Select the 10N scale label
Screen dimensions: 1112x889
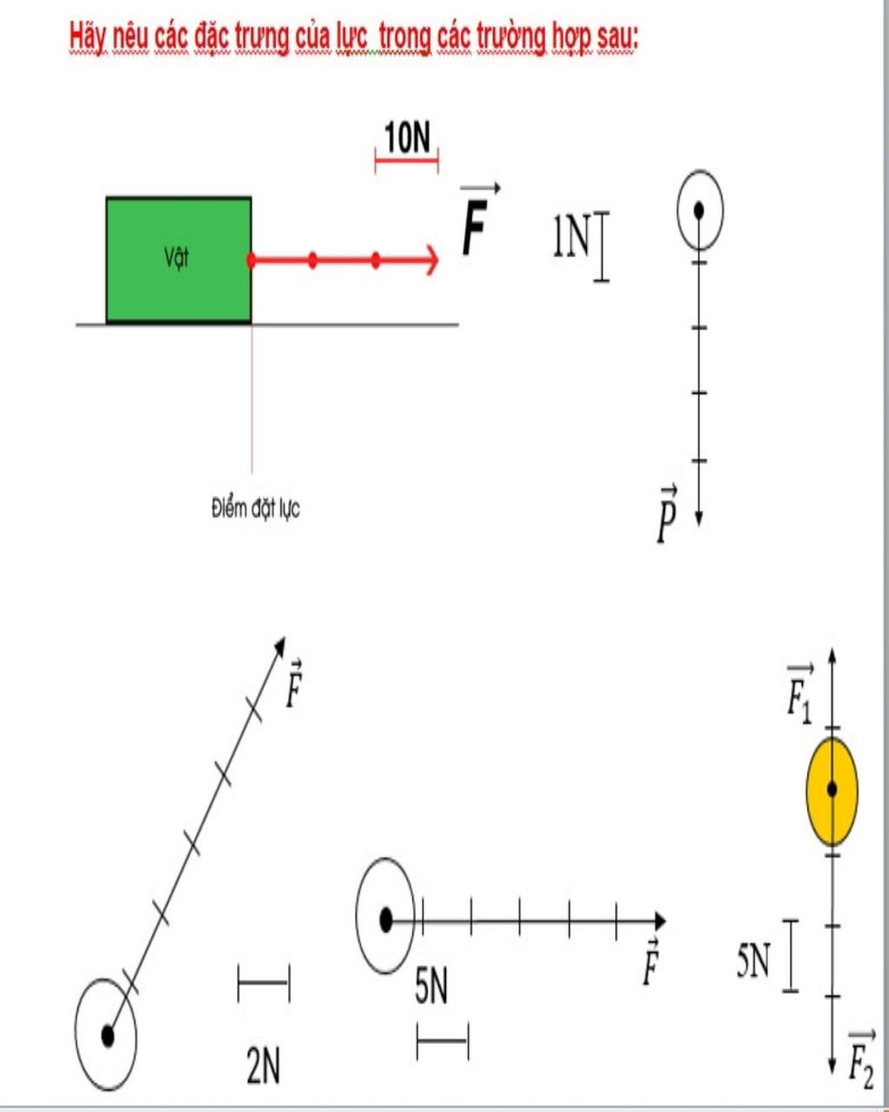(407, 137)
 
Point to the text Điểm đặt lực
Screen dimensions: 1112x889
(255, 508)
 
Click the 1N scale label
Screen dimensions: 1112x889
(570, 236)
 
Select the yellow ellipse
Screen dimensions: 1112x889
(832, 791)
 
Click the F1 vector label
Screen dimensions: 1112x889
(800, 694)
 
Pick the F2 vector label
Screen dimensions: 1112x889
(860, 1059)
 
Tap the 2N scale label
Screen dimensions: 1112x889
(263, 1066)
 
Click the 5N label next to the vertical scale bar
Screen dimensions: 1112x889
(753, 961)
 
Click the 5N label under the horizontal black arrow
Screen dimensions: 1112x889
(431, 988)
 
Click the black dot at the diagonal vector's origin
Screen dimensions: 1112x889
(108, 1035)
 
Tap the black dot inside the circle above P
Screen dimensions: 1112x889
(699, 209)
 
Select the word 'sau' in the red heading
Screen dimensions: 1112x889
(614, 37)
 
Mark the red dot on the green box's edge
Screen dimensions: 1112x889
(251, 260)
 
